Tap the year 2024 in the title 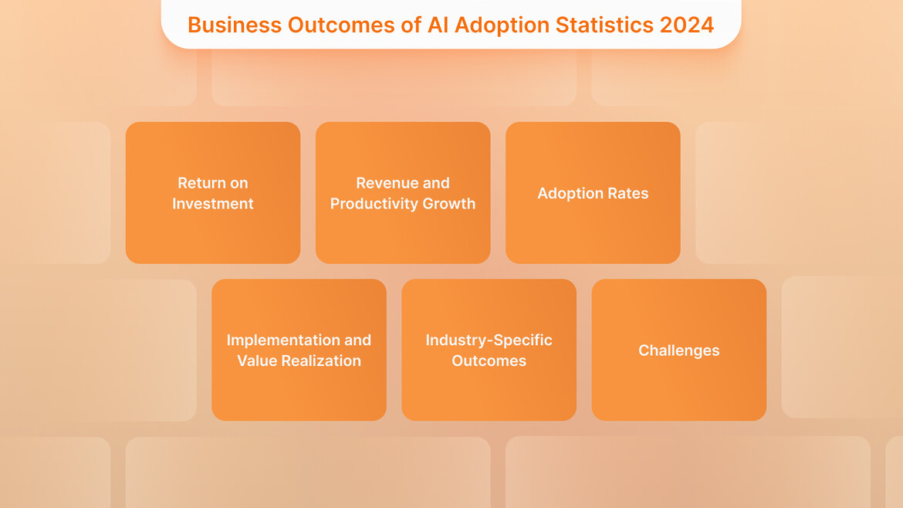coord(686,25)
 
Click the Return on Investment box coord(213,193)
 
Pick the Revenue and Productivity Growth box coord(403,193)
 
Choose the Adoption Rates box coord(593,193)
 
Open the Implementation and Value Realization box coord(299,350)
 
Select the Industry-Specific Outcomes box coord(489,350)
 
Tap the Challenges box coord(678,350)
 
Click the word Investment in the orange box coord(213,204)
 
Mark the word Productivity coord(377,204)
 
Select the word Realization coord(320,361)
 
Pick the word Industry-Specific coord(489,340)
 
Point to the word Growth coord(451,204)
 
